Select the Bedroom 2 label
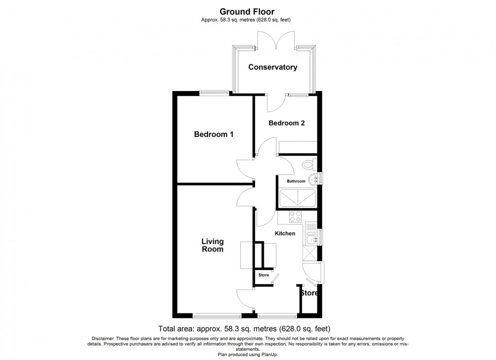point(286,123)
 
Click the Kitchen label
point(284,234)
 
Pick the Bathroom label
point(296,181)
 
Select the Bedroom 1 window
point(214,93)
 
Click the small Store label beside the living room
point(264,275)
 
